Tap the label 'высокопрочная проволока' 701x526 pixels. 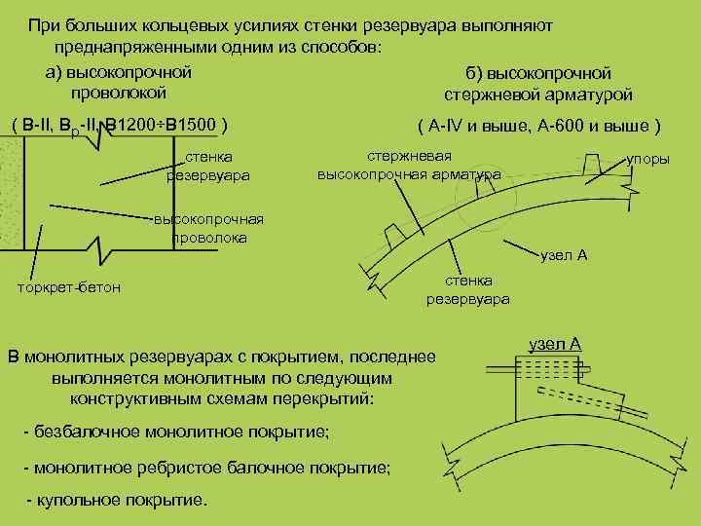pos(208,229)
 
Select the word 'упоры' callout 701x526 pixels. pos(647,158)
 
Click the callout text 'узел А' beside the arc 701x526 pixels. pos(564,255)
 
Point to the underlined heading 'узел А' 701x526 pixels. pos(555,344)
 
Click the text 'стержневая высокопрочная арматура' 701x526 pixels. pos(410,166)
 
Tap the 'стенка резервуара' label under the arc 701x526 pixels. pos(467,289)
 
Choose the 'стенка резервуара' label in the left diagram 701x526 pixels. pos(209,166)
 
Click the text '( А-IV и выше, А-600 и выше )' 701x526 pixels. pos(538,127)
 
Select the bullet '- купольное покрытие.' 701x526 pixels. pos(116,501)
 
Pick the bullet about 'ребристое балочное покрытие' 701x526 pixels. pos(206,468)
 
